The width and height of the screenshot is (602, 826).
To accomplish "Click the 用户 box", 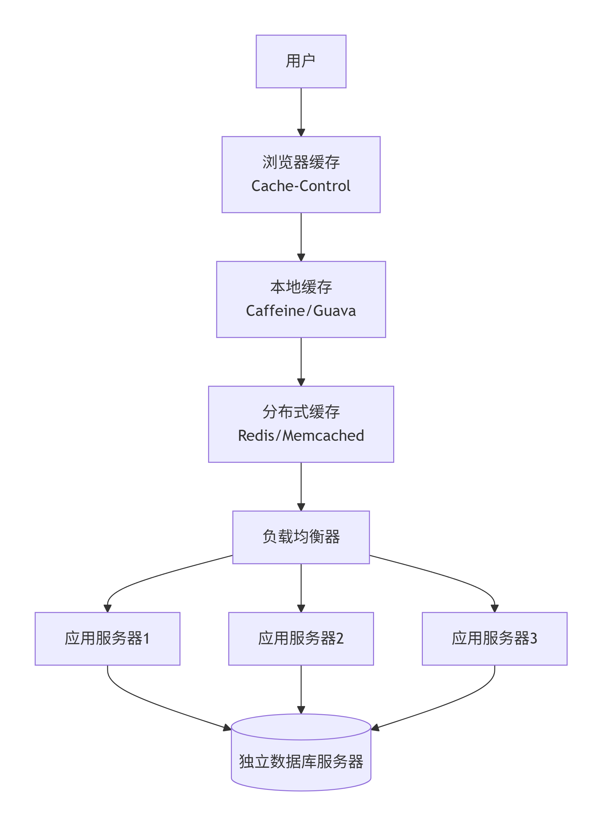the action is [301, 61].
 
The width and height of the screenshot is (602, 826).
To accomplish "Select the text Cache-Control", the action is [301, 186].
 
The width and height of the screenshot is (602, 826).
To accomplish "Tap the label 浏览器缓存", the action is [301, 163].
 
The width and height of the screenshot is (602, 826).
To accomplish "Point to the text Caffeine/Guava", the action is [301, 311].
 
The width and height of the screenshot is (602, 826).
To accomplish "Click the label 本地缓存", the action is [301, 287].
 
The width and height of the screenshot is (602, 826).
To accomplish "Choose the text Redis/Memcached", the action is [301, 436].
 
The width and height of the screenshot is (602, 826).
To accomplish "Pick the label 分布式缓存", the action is [301, 412].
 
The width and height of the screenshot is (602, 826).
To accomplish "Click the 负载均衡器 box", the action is [301, 538].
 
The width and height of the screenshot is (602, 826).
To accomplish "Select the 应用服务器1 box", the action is [108, 639].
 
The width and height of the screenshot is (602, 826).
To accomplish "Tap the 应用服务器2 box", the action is [301, 639].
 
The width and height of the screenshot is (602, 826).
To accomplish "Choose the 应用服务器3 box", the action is [494, 639].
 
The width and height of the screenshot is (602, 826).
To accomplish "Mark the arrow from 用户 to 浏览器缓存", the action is [301, 112].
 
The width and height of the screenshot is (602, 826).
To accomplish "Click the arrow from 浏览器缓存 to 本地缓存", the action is [301, 237].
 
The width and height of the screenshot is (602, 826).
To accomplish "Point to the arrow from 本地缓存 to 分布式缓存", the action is [301, 362].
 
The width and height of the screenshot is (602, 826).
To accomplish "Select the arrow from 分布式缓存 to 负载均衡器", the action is [301, 487].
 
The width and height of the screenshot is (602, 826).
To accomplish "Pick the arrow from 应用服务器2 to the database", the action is [301, 689].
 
